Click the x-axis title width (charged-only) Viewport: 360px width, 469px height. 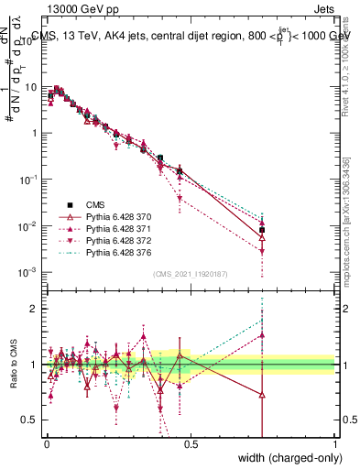[x=283, y=458]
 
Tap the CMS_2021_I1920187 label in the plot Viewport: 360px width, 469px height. [x=191, y=273]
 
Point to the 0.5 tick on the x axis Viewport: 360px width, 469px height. [x=191, y=444]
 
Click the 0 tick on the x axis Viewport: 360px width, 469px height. [x=47, y=444]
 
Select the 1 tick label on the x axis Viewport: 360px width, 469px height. [x=335, y=444]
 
